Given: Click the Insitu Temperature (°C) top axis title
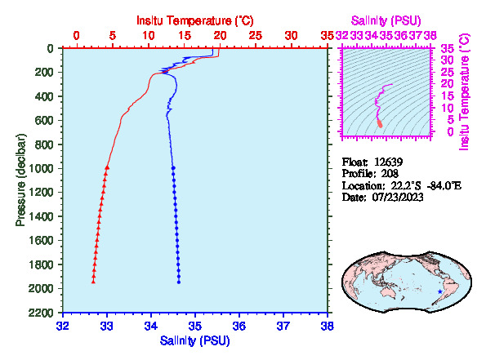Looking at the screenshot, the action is coord(195,20).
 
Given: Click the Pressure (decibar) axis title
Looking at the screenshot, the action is coord(20,180).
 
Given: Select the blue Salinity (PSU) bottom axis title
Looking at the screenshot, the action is coord(195,340).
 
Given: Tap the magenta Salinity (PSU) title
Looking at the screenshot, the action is coord(386,20).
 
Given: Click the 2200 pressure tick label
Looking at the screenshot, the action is coord(41,313).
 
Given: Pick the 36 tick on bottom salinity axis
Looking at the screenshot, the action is coord(239,327).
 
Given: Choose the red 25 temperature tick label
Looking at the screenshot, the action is coord(256,36).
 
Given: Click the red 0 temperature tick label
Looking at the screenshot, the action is coord(77,36).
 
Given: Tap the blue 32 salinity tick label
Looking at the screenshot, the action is coord(63,327).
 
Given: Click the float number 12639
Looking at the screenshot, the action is coord(388,162).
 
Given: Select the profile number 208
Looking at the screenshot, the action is coord(390,174).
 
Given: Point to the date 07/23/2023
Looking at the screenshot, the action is coord(398,198).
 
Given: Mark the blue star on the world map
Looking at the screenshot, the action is coord(440,291).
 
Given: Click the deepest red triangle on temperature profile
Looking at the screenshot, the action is coord(93,282).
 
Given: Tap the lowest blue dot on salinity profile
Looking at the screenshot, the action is coord(179,282).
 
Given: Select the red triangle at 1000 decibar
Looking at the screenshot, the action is coord(107,167).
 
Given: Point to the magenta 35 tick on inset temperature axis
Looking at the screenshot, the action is coord(448,49).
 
